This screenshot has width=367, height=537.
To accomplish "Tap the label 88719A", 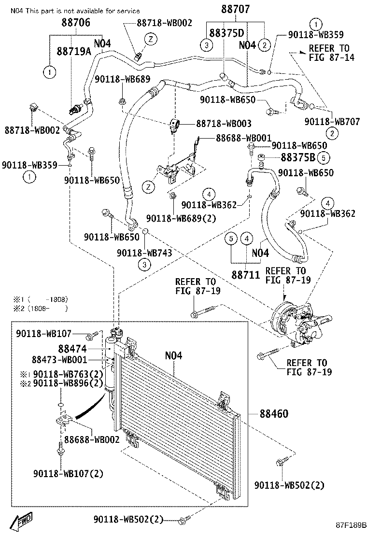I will pos(73,51).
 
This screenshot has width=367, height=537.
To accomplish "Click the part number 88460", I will pos(274,413).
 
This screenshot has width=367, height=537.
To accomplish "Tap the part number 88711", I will pos(246,274).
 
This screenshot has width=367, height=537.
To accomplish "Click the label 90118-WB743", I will pos(143,252).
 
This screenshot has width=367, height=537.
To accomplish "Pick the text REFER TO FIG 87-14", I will pos(329,53).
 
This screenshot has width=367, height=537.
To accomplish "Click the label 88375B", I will pos(298,158).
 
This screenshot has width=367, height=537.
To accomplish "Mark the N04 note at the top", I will pos(75,11).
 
